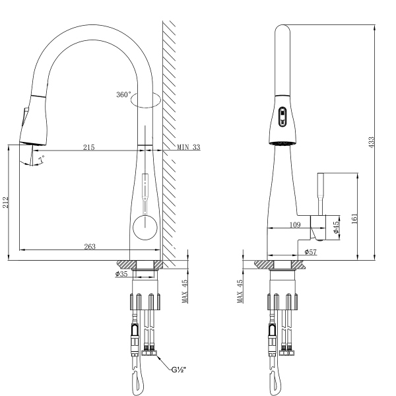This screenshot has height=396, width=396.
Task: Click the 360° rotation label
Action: (x=123, y=95)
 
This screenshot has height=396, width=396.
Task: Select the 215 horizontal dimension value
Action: (x=88, y=147)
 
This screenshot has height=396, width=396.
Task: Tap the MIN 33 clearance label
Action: (x=188, y=147)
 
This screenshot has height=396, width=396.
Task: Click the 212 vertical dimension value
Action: (x=7, y=201)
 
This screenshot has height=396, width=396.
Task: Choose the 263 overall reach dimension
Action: (x=90, y=246)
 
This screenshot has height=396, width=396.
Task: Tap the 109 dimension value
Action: (x=294, y=225)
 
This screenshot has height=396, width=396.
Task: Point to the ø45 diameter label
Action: (x=336, y=228)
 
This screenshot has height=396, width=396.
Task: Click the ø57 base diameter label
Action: (x=311, y=253)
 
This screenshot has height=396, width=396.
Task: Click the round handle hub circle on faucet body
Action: (x=145, y=227)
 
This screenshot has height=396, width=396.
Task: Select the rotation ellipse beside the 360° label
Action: (x=147, y=100)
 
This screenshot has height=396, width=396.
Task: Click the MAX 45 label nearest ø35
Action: (x=185, y=290)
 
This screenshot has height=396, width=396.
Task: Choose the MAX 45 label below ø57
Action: (x=240, y=290)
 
